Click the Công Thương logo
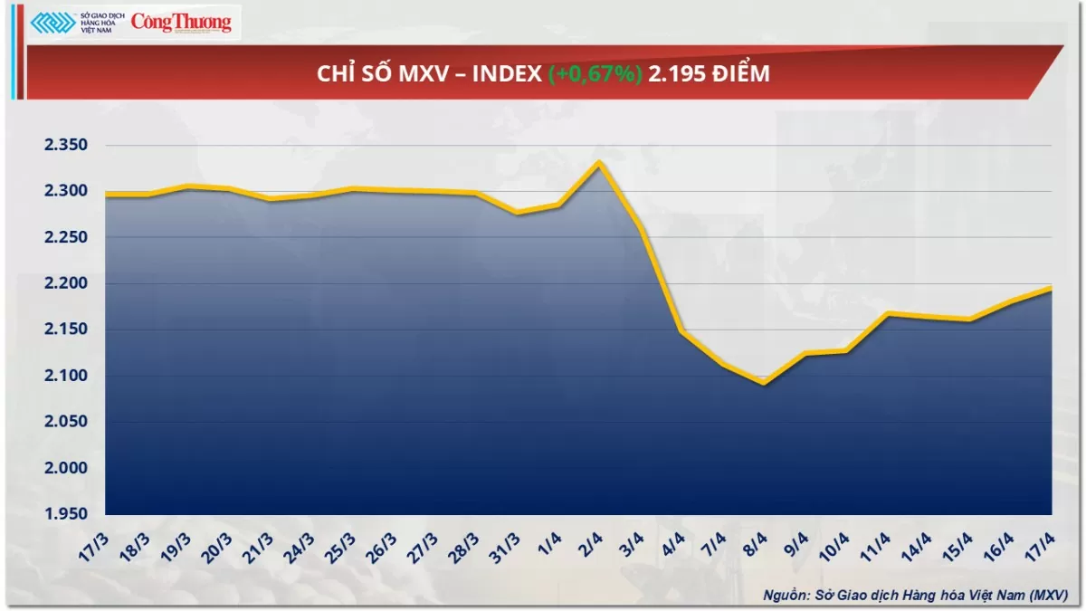click(181, 22)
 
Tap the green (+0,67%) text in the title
click(595, 74)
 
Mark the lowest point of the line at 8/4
click(764, 383)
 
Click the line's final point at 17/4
click(1050, 288)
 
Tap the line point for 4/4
click(681, 331)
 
